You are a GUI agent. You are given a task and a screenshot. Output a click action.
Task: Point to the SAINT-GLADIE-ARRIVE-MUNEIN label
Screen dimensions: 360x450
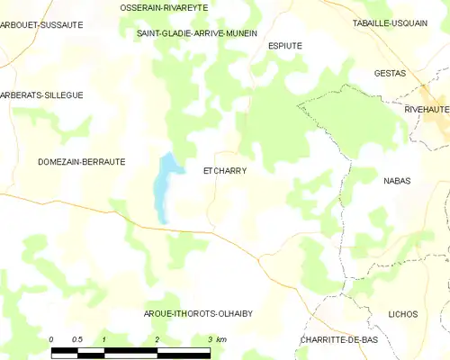[x=196, y=33]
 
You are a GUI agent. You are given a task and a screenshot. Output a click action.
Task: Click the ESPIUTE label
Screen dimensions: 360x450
[x=285, y=44]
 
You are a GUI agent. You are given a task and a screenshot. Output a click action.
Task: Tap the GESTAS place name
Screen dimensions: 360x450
[x=391, y=74]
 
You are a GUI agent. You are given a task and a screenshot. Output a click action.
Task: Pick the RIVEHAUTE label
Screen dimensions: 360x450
[x=427, y=108]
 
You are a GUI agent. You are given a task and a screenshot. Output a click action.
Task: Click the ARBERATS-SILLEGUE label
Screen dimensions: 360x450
[x=41, y=94]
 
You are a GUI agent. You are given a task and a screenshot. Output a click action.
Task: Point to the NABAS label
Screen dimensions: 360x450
[x=396, y=181]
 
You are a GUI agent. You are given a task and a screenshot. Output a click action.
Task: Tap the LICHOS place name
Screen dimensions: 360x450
[x=402, y=314]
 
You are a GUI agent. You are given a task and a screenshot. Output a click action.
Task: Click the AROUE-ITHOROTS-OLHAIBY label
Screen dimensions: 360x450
[x=198, y=314]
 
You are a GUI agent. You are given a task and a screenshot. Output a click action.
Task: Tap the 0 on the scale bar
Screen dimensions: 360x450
[x=52, y=339]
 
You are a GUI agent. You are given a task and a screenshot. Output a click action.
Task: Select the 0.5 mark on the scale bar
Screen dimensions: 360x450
[x=77, y=339]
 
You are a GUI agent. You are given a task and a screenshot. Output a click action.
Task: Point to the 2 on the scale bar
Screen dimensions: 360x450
[x=157, y=339]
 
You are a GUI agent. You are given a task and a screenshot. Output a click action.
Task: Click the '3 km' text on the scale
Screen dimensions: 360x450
[x=216, y=339]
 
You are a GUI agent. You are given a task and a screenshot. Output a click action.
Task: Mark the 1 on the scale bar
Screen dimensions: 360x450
[x=105, y=339]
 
